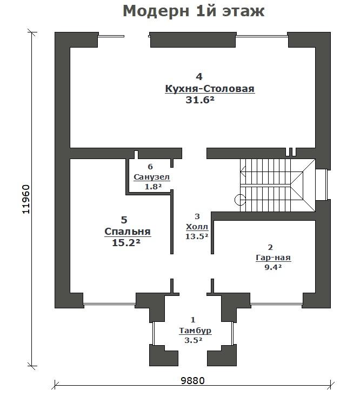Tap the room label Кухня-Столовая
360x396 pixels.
click(x=210, y=89)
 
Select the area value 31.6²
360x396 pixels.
click(x=200, y=100)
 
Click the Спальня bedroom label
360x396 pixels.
click(x=128, y=232)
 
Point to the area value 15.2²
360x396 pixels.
click(x=126, y=243)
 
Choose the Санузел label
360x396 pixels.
click(x=151, y=177)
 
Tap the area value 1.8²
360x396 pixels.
click(x=153, y=187)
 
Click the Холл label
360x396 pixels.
click(x=197, y=227)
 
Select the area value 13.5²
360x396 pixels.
click(x=197, y=236)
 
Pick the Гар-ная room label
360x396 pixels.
click(x=273, y=258)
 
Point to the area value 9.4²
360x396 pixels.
click(x=273, y=267)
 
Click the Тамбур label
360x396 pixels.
click(x=195, y=331)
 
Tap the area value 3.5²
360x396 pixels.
click(x=194, y=340)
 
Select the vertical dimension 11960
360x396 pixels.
click(x=26, y=199)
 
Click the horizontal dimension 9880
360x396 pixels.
click(x=193, y=380)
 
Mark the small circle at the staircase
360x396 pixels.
click(x=239, y=200)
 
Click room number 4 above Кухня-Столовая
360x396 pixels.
click(x=199, y=76)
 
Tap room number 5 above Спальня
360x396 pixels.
click(x=124, y=220)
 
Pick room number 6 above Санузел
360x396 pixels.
click(x=150, y=167)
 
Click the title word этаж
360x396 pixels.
click(x=243, y=12)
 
